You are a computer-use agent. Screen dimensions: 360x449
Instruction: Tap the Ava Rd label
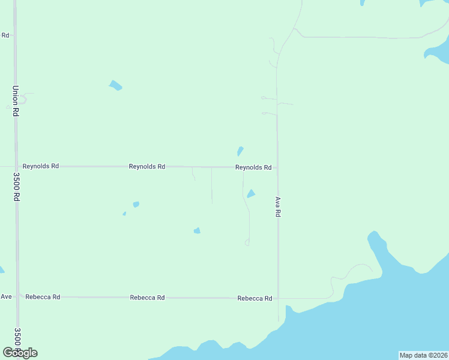[x=278, y=206]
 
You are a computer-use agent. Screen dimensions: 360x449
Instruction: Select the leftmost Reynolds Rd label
[x=40, y=166]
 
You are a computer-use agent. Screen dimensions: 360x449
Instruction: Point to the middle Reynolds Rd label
[x=147, y=166]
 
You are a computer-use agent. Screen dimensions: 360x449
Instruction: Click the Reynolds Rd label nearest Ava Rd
[x=253, y=167]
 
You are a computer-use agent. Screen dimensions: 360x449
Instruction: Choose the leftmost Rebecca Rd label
[x=43, y=297]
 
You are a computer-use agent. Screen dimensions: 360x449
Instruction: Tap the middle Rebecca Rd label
[x=147, y=298]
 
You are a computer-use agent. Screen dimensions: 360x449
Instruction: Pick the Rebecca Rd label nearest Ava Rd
[x=255, y=298]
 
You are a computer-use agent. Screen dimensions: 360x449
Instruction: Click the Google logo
[x=20, y=352]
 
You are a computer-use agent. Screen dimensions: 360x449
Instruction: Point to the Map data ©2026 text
[x=423, y=355]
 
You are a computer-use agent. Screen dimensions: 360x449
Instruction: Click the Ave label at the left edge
[x=6, y=296]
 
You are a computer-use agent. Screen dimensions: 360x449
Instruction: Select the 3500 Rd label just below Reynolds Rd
[x=17, y=187]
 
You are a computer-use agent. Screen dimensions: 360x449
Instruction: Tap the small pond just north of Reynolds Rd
[x=240, y=151]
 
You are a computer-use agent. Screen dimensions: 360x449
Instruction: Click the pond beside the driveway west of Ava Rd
[x=251, y=193]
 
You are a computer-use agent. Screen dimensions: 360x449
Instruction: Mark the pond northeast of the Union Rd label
[x=115, y=85]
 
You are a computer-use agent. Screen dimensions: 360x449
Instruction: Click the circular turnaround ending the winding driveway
[x=247, y=242]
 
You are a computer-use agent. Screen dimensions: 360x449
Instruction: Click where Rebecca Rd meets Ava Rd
[x=278, y=298]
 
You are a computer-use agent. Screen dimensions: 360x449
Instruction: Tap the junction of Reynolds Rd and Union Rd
[x=16, y=166]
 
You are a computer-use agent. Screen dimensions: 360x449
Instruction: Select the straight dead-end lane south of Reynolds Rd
[x=211, y=186]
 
